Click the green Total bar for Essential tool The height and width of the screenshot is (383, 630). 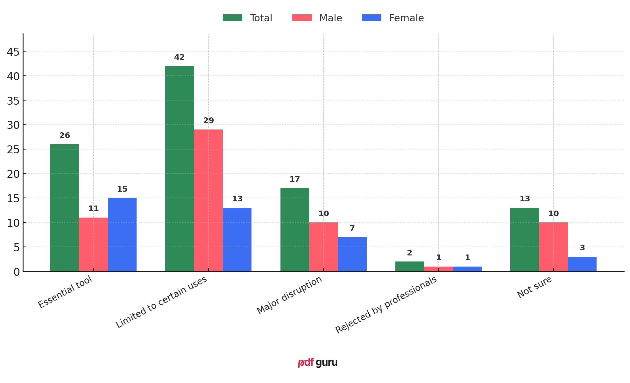[x=65, y=208]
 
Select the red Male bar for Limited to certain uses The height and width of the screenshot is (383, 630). [x=209, y=200]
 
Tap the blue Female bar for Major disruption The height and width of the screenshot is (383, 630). [x=352, y=254]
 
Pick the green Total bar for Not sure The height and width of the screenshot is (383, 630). [x=525, y=240]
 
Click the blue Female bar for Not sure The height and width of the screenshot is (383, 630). [x=582, y=264]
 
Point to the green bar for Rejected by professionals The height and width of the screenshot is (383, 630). [x=409, y=267]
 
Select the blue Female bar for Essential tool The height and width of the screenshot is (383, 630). [x=122, y=234]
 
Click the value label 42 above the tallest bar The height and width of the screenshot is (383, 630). [x=179, y=58]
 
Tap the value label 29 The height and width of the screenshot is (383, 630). [x=209, y=121]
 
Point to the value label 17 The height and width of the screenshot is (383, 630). [x=294, y=180]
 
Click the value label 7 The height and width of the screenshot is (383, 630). [x=352, y=229]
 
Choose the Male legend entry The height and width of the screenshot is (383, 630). [x=317, y=18]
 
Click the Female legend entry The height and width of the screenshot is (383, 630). [x=393, y=18]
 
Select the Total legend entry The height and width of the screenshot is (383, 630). [x=247, y=18]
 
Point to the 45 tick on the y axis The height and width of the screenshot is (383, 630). [x=13, y=52]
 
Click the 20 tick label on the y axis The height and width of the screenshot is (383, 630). [x=13, y=174]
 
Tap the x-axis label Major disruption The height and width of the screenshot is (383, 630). [x=289, y=295]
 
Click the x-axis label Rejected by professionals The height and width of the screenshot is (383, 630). [x=386, y=305]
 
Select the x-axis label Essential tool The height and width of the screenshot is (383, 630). [x=65, y=292]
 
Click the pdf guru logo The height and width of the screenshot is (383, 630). [x=317, y=363]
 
